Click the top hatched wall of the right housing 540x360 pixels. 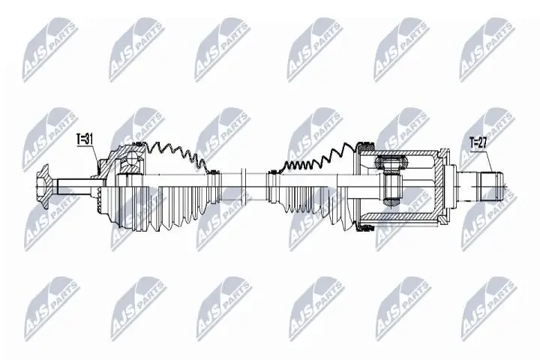[405, 151]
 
